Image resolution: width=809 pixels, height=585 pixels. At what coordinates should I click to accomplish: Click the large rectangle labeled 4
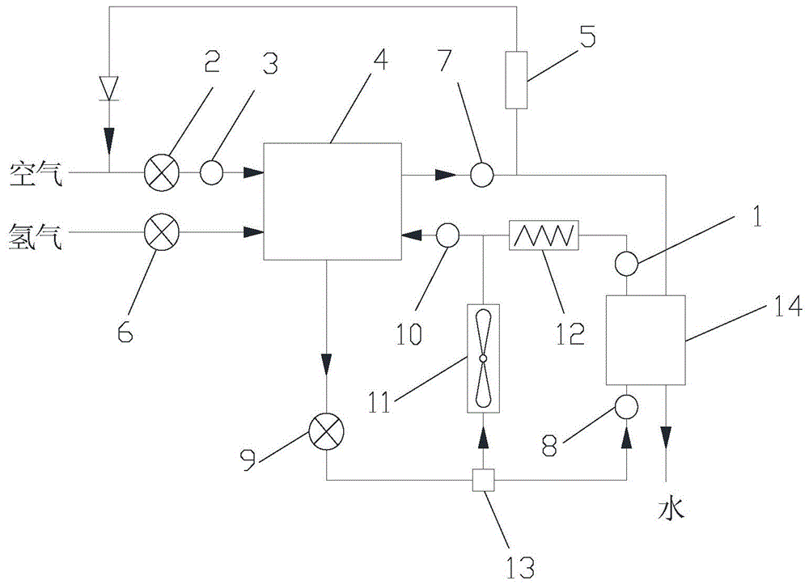pyautogui.click(x=332, y=201)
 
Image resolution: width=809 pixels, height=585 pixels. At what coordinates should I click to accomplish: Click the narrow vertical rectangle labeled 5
pyautogui.click(x=516, y=79)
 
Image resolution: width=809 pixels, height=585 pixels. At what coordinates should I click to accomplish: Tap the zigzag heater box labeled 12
pyautogui.click(x=543, y=235)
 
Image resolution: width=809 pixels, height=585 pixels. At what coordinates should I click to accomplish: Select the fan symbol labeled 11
pyautogui.click(x=483, y=357)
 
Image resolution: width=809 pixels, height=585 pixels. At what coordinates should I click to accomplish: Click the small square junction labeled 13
pyautogui.click(x=483, y=481)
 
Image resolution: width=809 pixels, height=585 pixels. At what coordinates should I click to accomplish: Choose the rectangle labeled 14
pyautogui.click(x=646, y=339)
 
